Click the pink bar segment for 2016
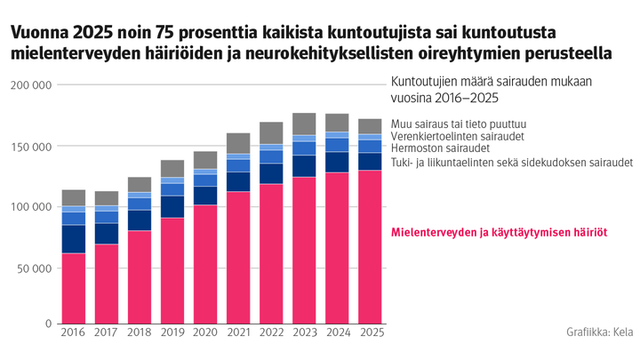coord(74,288)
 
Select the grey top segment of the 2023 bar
coord(304,124)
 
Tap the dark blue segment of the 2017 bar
coord(107,233)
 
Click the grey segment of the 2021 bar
coord(238,143)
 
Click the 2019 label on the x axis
coord(172,333)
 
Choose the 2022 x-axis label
coord(271,333)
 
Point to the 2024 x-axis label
coord(337,333)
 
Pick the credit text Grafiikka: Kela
coord(598,332)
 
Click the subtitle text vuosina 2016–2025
coord(444,98)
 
